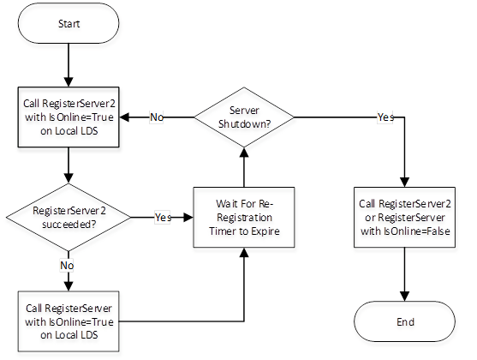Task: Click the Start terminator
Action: [69, 23]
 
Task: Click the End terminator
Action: [404, 321]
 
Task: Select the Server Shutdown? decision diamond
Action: [244, 117]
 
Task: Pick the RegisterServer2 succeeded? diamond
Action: [69, 217]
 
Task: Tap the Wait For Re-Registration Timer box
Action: [244, 217]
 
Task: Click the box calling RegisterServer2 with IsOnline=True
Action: [69, 117]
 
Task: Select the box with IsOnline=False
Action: [404, 217]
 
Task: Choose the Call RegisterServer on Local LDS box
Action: [69, 321]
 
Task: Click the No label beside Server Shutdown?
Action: [157, 117]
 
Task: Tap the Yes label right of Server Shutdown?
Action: [385, 117]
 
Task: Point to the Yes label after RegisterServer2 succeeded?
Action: [163, 217]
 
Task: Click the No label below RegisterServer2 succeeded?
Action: [67, 265]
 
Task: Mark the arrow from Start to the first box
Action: [69, 65]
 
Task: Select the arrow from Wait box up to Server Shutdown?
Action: [244, 167]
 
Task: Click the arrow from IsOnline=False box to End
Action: [404, 274]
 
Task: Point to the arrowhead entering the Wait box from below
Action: [244, 253]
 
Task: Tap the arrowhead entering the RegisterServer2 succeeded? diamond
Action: [69, 178]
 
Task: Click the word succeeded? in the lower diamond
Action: [69, 225]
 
